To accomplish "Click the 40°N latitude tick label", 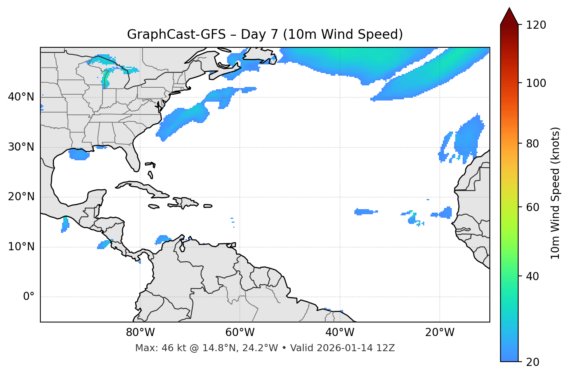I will click(21, 97).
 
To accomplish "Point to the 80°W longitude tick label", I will click(140, 333).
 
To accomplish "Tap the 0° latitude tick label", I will click(29, 297).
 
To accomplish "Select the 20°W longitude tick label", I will click(440, 333).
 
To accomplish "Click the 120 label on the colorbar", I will click(536, 25).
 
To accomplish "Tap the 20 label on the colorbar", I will click(533, 362).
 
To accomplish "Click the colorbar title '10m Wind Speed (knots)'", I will click(555, 193).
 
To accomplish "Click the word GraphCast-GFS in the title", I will click(176, 35).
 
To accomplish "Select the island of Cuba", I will click(140, 187).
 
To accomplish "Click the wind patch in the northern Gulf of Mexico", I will click(79, 154).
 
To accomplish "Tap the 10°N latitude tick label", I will click(21, 247).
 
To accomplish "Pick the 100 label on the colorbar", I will click(536, 83).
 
